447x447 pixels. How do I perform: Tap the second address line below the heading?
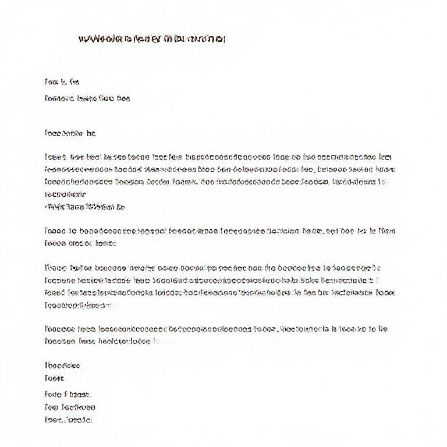[x=87, y=98]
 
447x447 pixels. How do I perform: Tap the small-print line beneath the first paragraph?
[x=85, y=207]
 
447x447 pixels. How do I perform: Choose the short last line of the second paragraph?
[x=80, y=244]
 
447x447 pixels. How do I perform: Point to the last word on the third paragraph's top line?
[x=375, y=268]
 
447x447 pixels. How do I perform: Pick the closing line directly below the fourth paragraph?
[x=62, y=366]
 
